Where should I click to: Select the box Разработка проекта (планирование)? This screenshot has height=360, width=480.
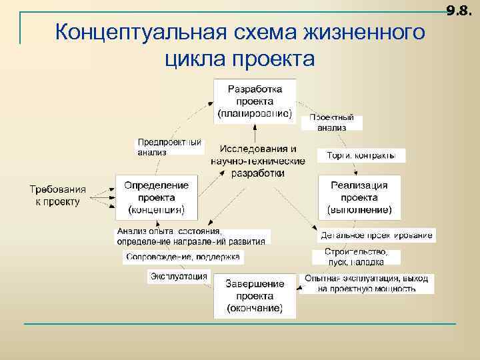[255, 101]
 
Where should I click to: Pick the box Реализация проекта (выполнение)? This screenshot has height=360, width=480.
[359, 197]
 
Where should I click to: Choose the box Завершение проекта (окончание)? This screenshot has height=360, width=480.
[255, 295]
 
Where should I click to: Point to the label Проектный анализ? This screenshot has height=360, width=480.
[331, 122]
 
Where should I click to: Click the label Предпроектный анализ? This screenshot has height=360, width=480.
[169, 147]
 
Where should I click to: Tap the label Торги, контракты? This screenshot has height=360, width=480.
[361, 156]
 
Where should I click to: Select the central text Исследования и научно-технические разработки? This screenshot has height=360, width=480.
[258, 161]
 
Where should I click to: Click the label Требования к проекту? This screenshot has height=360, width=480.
[57, 195]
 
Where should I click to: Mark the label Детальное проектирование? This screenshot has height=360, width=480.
[377, 235]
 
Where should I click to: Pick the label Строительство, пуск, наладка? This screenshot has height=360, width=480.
[356, 257]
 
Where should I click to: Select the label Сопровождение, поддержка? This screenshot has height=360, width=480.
[183, 257]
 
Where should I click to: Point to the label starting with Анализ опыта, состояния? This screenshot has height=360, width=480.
[191, 236]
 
